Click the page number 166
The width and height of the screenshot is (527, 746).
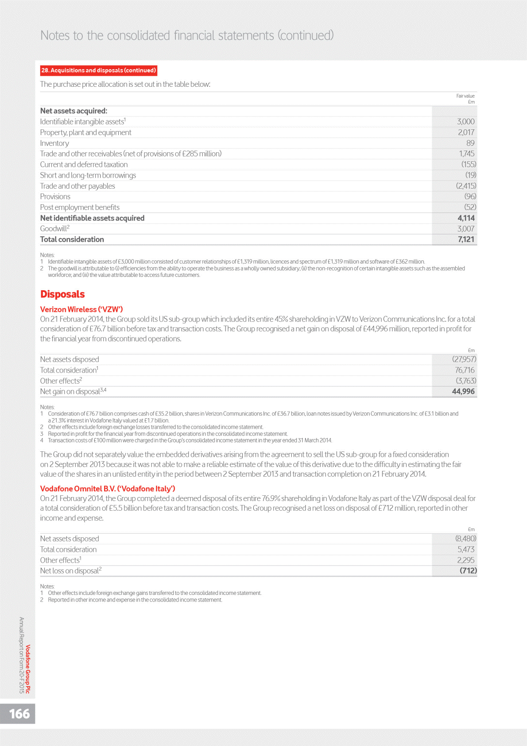tap(19, 714)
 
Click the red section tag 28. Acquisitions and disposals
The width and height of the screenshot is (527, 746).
tap(98, 70)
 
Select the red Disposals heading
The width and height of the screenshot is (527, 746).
tap(62, 294)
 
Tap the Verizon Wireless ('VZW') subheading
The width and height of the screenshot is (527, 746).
tap(81, 309)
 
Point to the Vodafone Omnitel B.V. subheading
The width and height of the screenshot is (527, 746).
tap(108, 489)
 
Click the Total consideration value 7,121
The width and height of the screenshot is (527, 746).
tap(466, 240)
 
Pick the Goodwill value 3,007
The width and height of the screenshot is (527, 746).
tap(466, 229)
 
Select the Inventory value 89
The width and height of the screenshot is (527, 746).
tap(470, 143)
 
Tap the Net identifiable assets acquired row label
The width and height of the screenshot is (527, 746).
tap(92, 218)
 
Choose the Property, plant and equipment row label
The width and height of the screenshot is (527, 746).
tap(85, 132)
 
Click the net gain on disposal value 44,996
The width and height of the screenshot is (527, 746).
tap(463, 392)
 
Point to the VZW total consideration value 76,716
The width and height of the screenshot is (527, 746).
tap(465, 370)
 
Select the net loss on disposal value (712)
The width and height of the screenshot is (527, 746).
tap(468, 571)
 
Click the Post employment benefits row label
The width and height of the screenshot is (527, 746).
tap(80, 207)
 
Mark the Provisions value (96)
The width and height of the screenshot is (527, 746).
tap(470, 197)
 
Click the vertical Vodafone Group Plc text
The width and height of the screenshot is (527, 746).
tap(28, 669)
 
